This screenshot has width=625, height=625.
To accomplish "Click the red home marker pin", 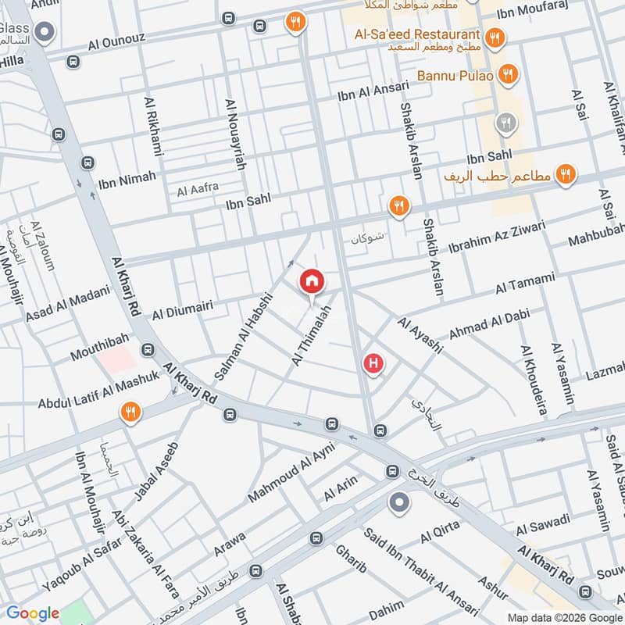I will tap(312, 281).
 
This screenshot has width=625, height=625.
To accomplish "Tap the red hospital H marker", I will tap(374, 363).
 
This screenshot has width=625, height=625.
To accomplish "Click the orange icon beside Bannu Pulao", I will tap(508, 75).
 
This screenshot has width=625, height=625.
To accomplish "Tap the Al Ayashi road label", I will tap(420, 334).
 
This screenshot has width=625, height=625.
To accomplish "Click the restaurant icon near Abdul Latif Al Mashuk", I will tap(130, 412).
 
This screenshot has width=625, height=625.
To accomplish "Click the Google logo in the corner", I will tap(33, 613).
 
